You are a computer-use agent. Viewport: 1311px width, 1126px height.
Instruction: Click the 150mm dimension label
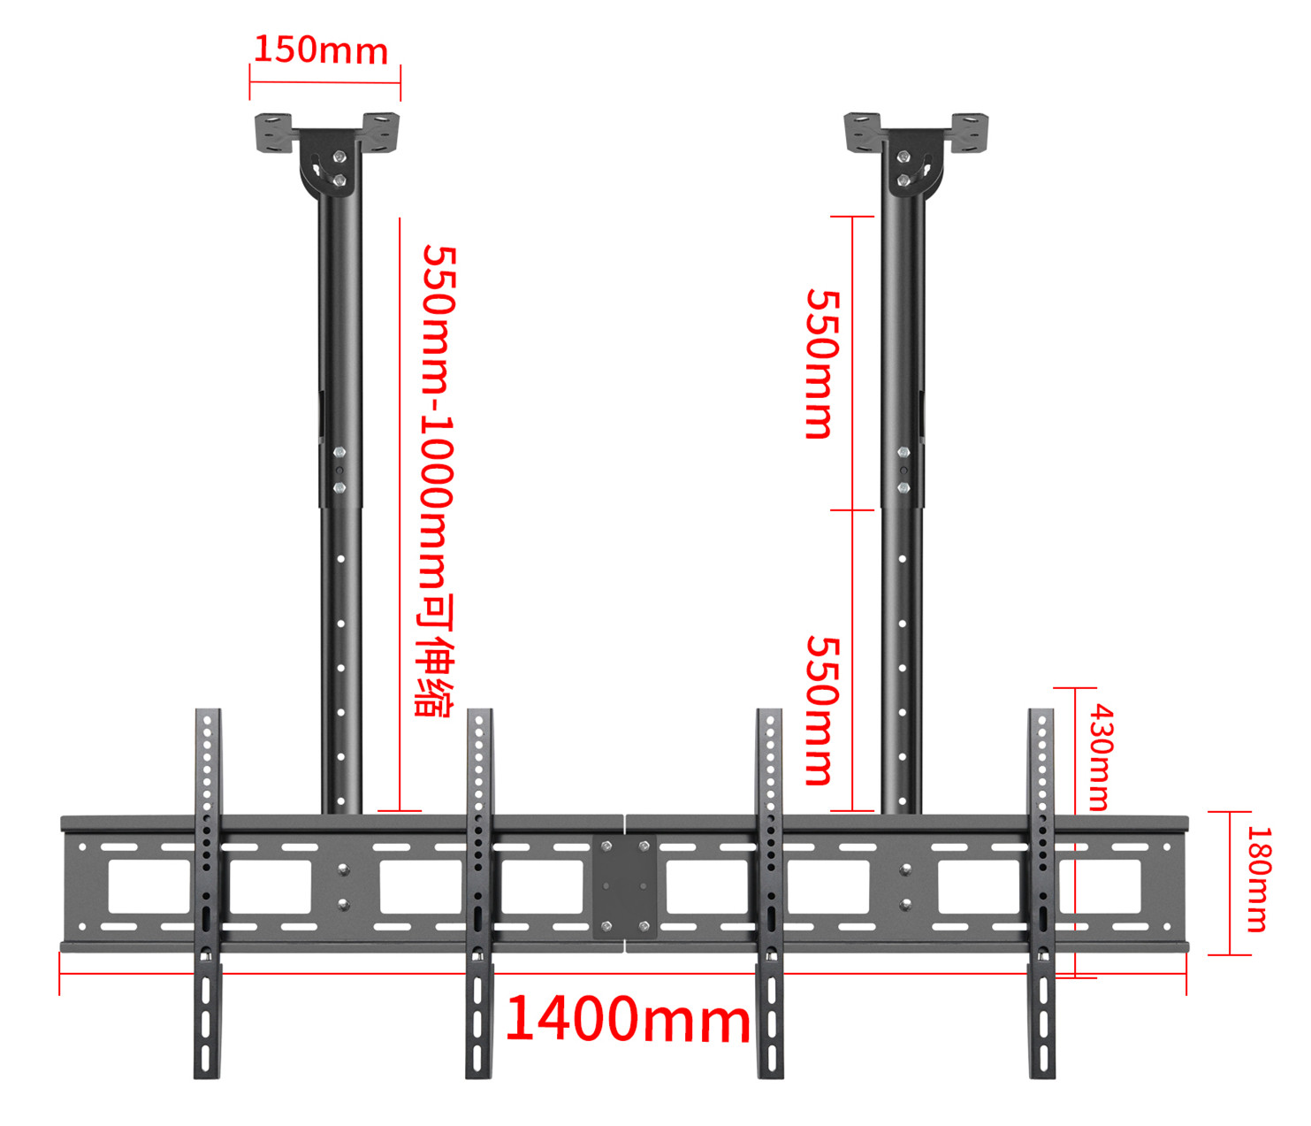(321, 50)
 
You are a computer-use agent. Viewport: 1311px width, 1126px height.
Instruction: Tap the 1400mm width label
(628, 1019)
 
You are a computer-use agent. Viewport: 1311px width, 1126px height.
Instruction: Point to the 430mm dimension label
(1100, 757)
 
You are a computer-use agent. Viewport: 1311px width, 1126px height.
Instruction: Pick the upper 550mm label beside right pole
(820, 364)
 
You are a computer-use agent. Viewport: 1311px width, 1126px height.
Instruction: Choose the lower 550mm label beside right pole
(820, 710)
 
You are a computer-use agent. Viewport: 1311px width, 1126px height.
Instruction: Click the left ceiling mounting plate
(327, 133)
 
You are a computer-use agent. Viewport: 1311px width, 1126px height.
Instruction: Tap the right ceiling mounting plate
(916, 133)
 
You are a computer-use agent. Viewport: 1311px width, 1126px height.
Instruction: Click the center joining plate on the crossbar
(625, 885)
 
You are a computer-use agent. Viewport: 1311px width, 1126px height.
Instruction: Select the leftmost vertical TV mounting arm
(208, 893)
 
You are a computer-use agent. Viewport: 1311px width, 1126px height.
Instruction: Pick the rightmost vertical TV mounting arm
(1041, 893)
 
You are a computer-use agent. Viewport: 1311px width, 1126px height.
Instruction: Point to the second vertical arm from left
(479, 893)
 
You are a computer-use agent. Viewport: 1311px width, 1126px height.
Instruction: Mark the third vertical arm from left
(770, 893)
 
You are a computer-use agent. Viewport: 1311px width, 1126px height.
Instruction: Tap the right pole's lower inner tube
(902, 663)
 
